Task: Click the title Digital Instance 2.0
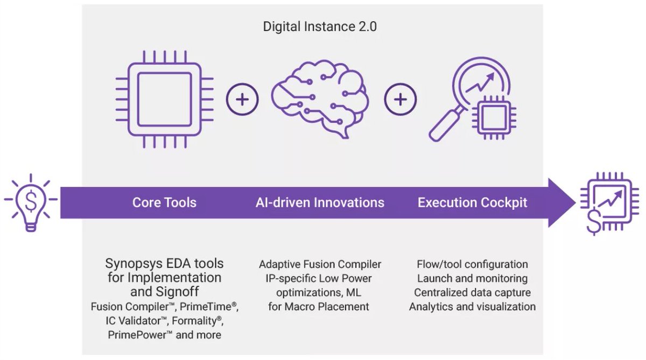pyautogui.click(x=320, y=26)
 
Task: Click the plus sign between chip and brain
pyautogui.click(x=242, y=101)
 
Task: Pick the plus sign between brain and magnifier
pyautogui.click(x=400, y=101)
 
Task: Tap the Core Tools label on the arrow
pyautogui.click(x=164, y=203)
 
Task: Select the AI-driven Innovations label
pyautogui.click(x=320, y=203)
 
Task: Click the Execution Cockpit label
pyautogui.click(x=473, y=203)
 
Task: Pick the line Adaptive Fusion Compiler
pyautogui.click(x=320, y=264)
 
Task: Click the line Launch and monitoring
pyautogui.click(x=472, y=279)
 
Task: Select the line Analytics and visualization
pyautogui.click(x=472, y=307)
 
